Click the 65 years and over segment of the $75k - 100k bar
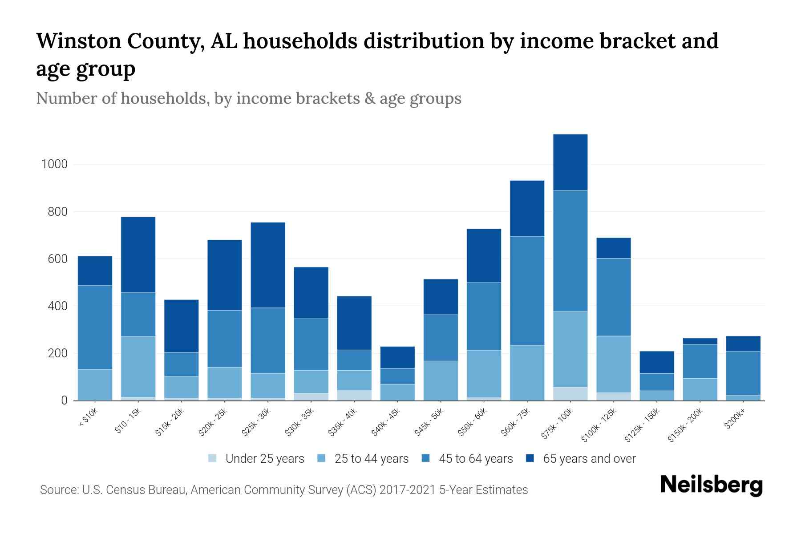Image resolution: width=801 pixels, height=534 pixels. (x=570, y=162)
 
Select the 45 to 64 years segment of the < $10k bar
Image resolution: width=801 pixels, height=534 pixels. (x=95, y=327)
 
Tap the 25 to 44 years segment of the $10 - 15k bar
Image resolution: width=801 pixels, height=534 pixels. (x=138, y=367)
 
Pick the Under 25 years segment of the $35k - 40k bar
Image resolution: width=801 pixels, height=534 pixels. (x=354, y=395)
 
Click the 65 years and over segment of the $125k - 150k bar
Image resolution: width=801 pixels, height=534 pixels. (x=656, y=362)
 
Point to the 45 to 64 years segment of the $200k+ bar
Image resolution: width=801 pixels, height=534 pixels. (x=743, y=373)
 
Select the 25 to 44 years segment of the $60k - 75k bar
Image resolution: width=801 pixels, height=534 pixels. (x=527, y=372)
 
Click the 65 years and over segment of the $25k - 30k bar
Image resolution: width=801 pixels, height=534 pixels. (x=268, y=265)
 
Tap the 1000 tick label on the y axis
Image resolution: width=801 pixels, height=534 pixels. (x=54, y=164)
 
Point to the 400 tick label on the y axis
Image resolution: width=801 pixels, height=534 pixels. (x=57, y=306)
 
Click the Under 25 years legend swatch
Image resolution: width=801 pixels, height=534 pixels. (x=213, y=458)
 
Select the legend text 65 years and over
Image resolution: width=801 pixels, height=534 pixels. (x=589, y=459)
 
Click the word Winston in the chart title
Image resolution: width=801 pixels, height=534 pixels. (x=78, y=41)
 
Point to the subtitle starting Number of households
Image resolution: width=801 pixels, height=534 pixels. (x=248, y=98)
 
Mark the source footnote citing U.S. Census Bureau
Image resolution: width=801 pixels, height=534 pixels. (x=283, y=490)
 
